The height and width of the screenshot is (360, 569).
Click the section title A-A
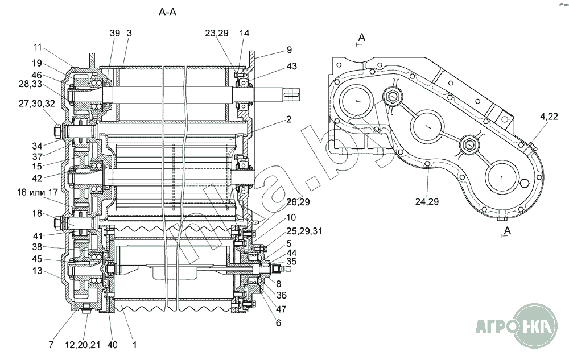[x=167, y=12]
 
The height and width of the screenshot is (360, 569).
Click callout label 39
[x=115, y=33]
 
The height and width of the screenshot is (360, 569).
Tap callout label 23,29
[x=217, y=33]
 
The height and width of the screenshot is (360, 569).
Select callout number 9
[x=289, y=49]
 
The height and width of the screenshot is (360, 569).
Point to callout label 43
[x=291, y=66]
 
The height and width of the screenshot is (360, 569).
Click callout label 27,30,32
[x=37, y=104]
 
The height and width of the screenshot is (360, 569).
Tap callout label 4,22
[x=549, y=117]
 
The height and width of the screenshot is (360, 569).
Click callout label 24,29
[x=427, y=201]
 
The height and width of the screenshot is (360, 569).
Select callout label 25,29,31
[x=304, y=231]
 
